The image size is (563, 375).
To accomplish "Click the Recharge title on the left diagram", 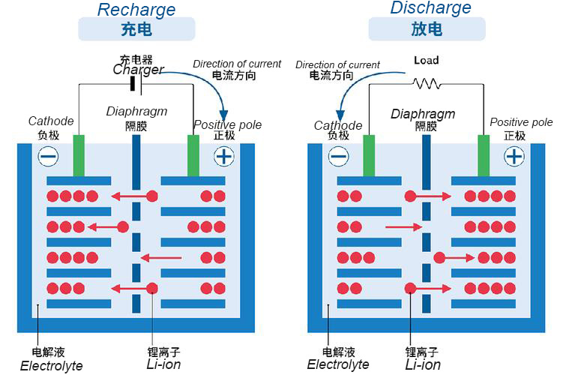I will tap(136, 10).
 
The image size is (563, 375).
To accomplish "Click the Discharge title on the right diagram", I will tap(430, 8).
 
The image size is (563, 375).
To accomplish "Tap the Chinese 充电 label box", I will tap(136, 29).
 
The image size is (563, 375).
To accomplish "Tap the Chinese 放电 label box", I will tap(427, 29).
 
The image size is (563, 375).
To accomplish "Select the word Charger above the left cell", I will tap(138, 70).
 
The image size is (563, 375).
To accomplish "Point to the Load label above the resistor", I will tap(426, 60).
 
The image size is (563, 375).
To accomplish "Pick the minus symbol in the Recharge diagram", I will tap(48, 156).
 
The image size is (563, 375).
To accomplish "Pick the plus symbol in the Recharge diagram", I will tap(223, 156).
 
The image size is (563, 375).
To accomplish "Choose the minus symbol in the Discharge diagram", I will tap(338, 156).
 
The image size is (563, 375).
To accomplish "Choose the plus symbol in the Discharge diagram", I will tap(514, 156).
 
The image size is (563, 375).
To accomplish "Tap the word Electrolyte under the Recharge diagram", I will tap(51, 366).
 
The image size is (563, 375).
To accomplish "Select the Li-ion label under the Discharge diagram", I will tap(423, 365).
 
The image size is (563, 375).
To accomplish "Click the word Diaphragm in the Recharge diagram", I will tap(136, 112).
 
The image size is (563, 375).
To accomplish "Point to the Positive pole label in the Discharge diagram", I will tap(521, 122).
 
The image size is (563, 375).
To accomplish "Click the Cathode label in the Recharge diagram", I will tap(51, 121).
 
